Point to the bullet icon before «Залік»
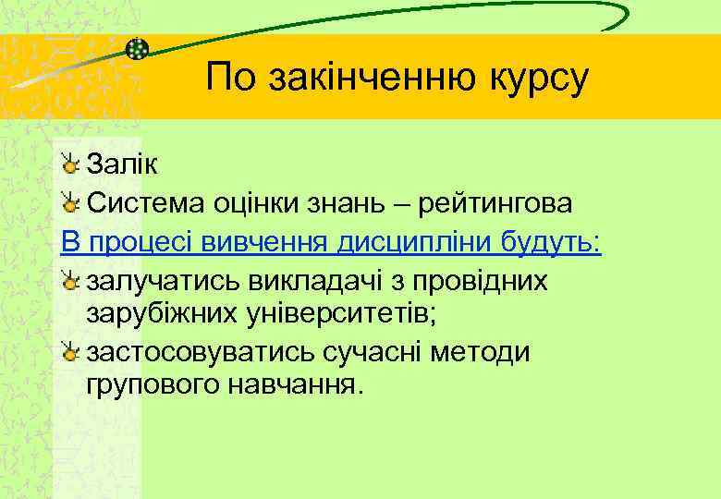pos(71,164)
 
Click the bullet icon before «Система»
pos(71,201)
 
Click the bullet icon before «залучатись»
pos(71,280)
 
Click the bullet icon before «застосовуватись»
pos(71,351)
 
